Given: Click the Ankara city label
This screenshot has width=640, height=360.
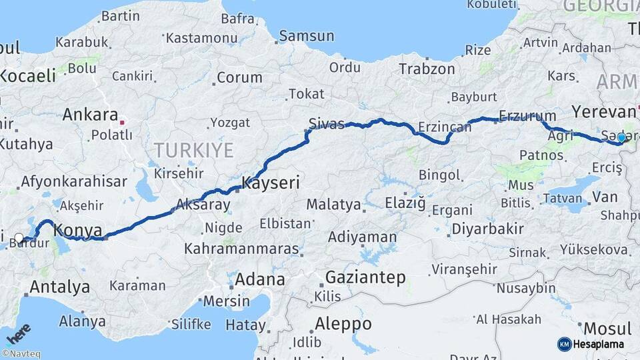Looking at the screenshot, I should coord(89,115).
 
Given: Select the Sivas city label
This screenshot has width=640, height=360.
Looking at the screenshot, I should coord(327,123).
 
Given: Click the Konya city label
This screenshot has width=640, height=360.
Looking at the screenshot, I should coord(77,230).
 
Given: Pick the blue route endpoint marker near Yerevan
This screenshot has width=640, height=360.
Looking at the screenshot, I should coord(621,138).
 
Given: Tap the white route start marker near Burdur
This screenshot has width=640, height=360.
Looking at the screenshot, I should coord(19,238).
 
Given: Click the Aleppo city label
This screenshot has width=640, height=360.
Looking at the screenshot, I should coord(344,324).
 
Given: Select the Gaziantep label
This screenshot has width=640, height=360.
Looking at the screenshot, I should coord(365,278).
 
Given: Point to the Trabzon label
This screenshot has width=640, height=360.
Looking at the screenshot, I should coord(427,69).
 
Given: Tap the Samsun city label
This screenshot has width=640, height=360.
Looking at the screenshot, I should coord(306,36).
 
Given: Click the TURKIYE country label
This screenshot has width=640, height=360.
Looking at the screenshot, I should coord(193,150).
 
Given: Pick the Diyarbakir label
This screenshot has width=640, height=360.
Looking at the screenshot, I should coord(487,229).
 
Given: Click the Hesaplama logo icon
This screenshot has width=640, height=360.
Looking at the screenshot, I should coord(564,344).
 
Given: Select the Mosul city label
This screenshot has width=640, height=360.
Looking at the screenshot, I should coord(607,329).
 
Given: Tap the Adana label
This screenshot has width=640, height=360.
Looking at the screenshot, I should coord(259,279).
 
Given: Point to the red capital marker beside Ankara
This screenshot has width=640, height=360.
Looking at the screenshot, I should coord(121,123).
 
